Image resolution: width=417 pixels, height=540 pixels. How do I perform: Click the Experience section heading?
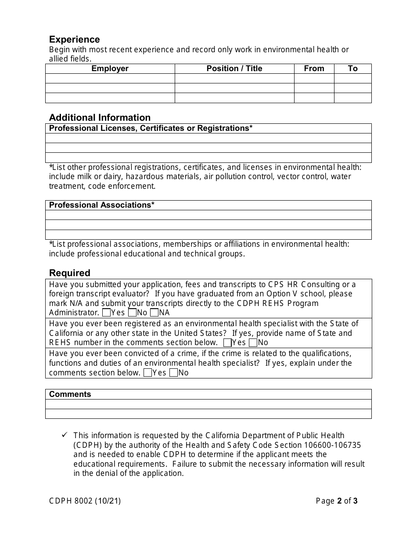pos(74,40)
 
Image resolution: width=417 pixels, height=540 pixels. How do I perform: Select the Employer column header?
pos(110,68)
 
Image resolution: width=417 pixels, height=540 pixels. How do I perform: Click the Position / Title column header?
pos(234,68)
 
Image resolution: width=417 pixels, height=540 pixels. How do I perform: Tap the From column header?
pos(314,68)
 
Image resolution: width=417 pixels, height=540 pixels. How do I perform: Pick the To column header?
pos(352,68)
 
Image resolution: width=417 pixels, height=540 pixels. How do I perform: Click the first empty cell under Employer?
pos(110,78)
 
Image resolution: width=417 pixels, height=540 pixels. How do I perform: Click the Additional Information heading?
pos(100,118)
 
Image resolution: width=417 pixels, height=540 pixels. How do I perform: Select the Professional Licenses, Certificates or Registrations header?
pos(151,128)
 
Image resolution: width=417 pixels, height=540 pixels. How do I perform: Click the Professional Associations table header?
pos(101,205)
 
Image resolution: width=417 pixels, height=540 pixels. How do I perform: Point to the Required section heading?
pos(69,273)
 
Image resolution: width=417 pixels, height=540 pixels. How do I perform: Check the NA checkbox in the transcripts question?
pos(154,313)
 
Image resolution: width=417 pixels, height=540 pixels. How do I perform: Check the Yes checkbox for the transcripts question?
pos(106,313)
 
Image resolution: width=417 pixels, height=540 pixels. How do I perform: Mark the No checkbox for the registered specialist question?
pos(253,343)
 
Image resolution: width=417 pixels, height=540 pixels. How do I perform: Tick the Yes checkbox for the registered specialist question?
pos(227,343)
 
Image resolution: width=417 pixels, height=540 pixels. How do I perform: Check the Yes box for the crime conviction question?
pos(148,373)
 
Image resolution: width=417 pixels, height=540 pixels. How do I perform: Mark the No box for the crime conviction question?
pos(173,373)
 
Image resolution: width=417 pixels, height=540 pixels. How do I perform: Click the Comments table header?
pos(70,394)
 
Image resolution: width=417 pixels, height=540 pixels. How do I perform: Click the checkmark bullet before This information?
pos(64,435)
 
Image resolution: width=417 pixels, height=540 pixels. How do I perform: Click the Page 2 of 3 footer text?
pos(337,501)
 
